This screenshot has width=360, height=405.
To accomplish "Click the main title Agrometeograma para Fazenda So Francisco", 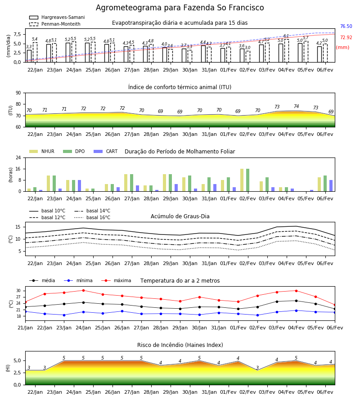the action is pos(180,8).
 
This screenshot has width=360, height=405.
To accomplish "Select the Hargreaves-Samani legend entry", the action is pos(57,17).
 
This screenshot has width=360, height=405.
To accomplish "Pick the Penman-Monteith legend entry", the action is pos(55,24).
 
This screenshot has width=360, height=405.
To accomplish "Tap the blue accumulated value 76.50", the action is pos(346,26).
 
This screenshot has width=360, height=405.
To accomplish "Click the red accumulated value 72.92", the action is pos(346,37).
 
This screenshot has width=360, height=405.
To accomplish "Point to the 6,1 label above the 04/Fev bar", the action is pos(286,36).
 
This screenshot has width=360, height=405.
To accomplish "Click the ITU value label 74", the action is pos(296,106).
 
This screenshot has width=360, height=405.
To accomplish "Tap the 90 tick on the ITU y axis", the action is pos(18,93).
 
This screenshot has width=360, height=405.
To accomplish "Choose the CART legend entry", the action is pos(106,151).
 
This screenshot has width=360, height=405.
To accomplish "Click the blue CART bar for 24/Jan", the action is pos(79,186).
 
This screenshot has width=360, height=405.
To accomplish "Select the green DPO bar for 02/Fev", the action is pos(247,180).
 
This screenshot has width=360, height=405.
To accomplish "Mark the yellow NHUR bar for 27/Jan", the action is pos(126,183).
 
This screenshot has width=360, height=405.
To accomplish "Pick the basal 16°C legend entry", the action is pos(92,217).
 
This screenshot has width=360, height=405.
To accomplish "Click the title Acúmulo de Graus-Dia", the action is pos(180,216).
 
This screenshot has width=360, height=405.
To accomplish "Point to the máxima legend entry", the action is pos(116,280).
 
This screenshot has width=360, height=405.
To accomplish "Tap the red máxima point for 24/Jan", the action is pos(83,290).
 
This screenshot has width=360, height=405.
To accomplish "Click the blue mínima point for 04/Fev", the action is pos(296,310).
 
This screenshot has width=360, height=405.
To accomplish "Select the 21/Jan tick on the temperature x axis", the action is pos(25,328).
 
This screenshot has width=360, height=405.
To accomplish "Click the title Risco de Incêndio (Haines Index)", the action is pos(180,345).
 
